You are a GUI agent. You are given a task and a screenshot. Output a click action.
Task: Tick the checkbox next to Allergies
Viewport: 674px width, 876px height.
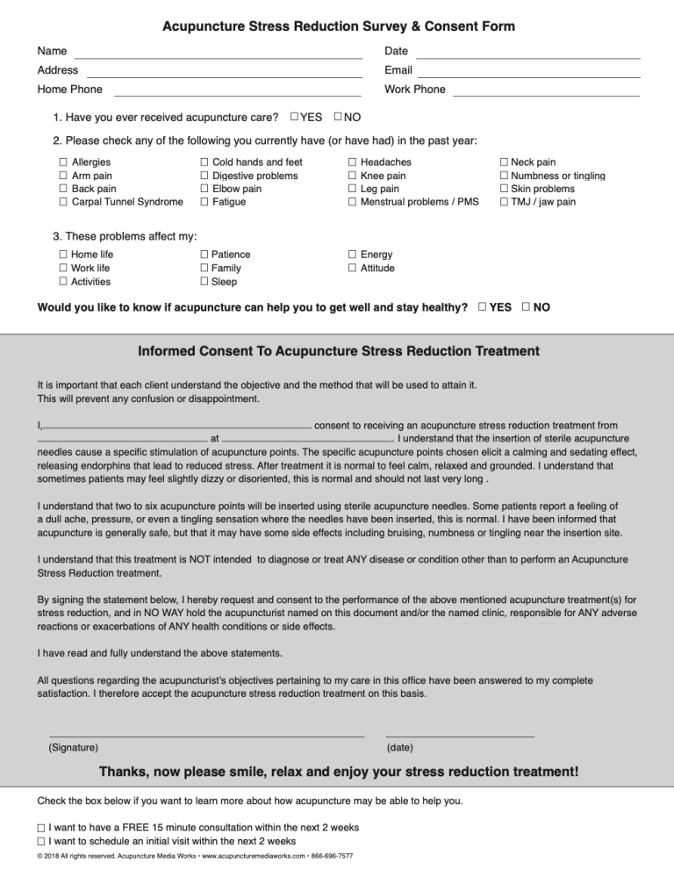63,162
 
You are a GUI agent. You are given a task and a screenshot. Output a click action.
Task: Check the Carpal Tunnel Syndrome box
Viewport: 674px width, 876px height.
63,203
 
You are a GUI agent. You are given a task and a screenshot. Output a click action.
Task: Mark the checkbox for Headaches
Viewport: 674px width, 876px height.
352,162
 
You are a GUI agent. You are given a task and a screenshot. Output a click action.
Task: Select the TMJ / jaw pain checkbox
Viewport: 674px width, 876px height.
504,203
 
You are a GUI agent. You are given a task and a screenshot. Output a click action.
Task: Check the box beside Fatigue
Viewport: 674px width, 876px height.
204,203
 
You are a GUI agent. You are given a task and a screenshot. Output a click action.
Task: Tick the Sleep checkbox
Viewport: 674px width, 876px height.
204,282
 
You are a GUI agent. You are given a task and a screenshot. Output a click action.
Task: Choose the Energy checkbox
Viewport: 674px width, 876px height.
352,255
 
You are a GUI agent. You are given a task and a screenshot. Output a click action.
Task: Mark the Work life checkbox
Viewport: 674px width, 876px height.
63,269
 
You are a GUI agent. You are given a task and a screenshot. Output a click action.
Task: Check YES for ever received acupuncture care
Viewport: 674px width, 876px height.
294,117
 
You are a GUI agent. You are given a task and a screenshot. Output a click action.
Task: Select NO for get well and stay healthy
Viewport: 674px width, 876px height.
526,307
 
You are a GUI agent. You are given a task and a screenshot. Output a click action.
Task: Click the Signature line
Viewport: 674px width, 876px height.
206,735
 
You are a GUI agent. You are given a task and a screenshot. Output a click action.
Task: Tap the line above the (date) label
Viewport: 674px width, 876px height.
460,735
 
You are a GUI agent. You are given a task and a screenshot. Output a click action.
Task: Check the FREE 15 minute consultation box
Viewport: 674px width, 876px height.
42,828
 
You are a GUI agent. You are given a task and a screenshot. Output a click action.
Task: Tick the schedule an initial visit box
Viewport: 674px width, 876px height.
42,842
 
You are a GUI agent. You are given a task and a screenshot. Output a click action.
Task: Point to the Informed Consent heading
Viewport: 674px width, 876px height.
339,352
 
